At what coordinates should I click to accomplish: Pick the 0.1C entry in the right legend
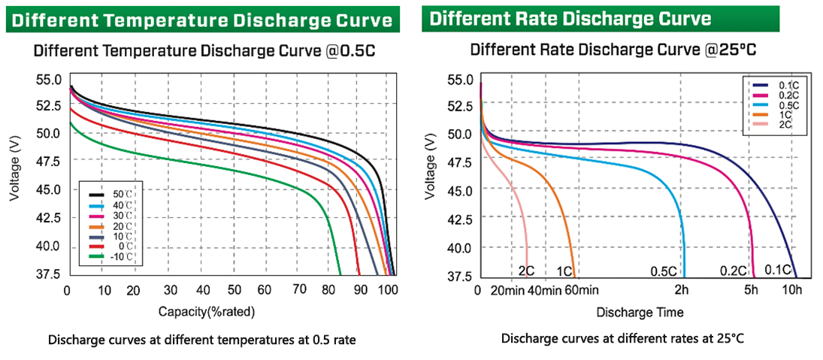pos(788,86)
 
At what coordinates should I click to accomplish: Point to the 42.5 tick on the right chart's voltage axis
pos(460,219)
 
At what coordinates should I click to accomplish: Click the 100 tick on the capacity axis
pos(387,290)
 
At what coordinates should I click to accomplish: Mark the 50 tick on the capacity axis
pos(234,290)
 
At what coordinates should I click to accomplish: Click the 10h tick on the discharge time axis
pos(792,290)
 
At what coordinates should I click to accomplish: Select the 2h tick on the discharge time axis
pos(682,290)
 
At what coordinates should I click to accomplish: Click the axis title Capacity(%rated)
pos(207,310)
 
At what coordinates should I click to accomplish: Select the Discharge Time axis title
pos(640,311)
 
